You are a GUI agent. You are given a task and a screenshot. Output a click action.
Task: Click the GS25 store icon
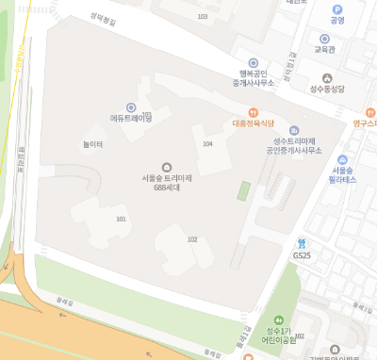(302, 243)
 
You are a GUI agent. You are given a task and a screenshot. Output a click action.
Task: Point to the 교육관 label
(325, 48)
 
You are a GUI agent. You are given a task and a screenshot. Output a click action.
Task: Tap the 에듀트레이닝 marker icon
(131, 106)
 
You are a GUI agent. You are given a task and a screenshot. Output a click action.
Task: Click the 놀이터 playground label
(92, 143)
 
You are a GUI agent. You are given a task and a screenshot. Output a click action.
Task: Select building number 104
(207, 143)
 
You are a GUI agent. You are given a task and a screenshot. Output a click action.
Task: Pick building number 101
(121, 219)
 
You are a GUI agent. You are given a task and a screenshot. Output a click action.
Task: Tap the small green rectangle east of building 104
(244, 191)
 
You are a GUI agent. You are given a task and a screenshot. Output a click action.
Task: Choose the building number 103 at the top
(202, 17)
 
